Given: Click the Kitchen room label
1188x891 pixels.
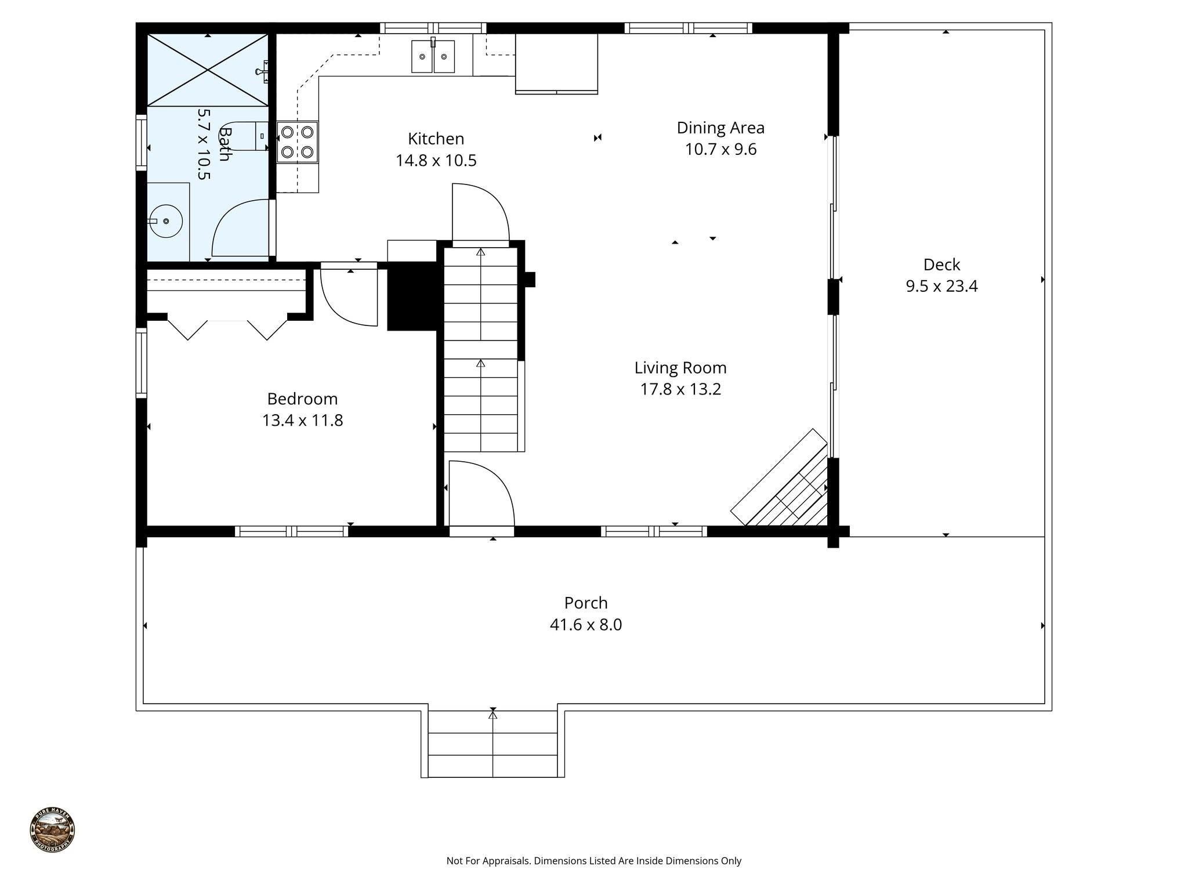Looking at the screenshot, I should (436, 139).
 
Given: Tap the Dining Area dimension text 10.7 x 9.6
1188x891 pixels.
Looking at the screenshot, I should (720, 150).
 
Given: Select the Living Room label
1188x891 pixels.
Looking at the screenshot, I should (680, 368).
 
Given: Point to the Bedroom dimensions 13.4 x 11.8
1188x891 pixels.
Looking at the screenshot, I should (302, 421).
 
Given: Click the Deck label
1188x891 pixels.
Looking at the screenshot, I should (941, 265).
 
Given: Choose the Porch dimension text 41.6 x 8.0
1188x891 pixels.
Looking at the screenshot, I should (586, 625).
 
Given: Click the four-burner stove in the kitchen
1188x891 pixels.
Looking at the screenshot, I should (297, 142).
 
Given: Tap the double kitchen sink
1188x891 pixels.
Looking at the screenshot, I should (433, 57).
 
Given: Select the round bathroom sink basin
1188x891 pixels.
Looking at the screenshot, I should (166, 221).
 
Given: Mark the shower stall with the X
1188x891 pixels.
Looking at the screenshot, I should (207, 70).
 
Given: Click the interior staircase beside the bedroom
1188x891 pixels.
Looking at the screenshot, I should (481, 348).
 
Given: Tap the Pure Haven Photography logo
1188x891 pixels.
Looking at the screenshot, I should (52, 830).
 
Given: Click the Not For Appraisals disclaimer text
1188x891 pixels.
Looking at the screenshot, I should (593, 861).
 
